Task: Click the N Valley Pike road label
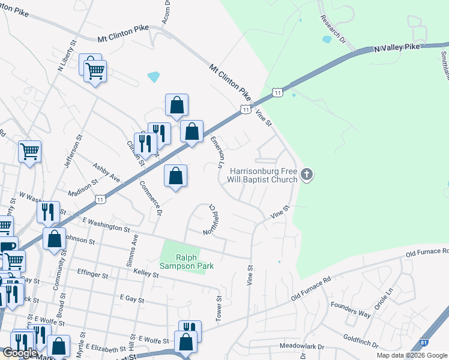point(399,47)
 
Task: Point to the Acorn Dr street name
point(167,10)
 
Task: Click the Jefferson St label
point(71,152)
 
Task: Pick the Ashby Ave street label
point(106,172)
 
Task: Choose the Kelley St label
point(146,275)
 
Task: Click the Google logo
point(20,353)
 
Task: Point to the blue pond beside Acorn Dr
point(154,77)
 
